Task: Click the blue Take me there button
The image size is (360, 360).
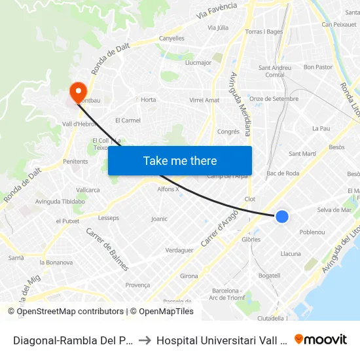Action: [x=180, y=160]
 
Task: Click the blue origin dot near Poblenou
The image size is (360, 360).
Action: [x=282, y=216]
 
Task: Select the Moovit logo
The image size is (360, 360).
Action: [x=321, y=339]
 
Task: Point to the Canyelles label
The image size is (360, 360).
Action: [x=171, y=39]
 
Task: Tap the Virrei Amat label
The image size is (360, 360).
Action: [x=204, y=100]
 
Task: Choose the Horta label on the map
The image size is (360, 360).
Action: [x=149, y=99]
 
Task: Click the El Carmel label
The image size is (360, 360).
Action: [x=128, y=120]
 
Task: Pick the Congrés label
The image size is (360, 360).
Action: [x=228, y=132]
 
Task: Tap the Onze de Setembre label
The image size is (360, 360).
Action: [x=274, y=99]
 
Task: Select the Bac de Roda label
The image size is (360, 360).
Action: [x=283, y=173]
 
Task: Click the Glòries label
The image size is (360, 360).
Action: [x=251, y=240]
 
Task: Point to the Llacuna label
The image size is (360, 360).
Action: [x=291, y=254]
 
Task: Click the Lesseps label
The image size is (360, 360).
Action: [x=109, y=217]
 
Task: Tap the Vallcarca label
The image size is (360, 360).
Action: [x=88, y=190]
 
